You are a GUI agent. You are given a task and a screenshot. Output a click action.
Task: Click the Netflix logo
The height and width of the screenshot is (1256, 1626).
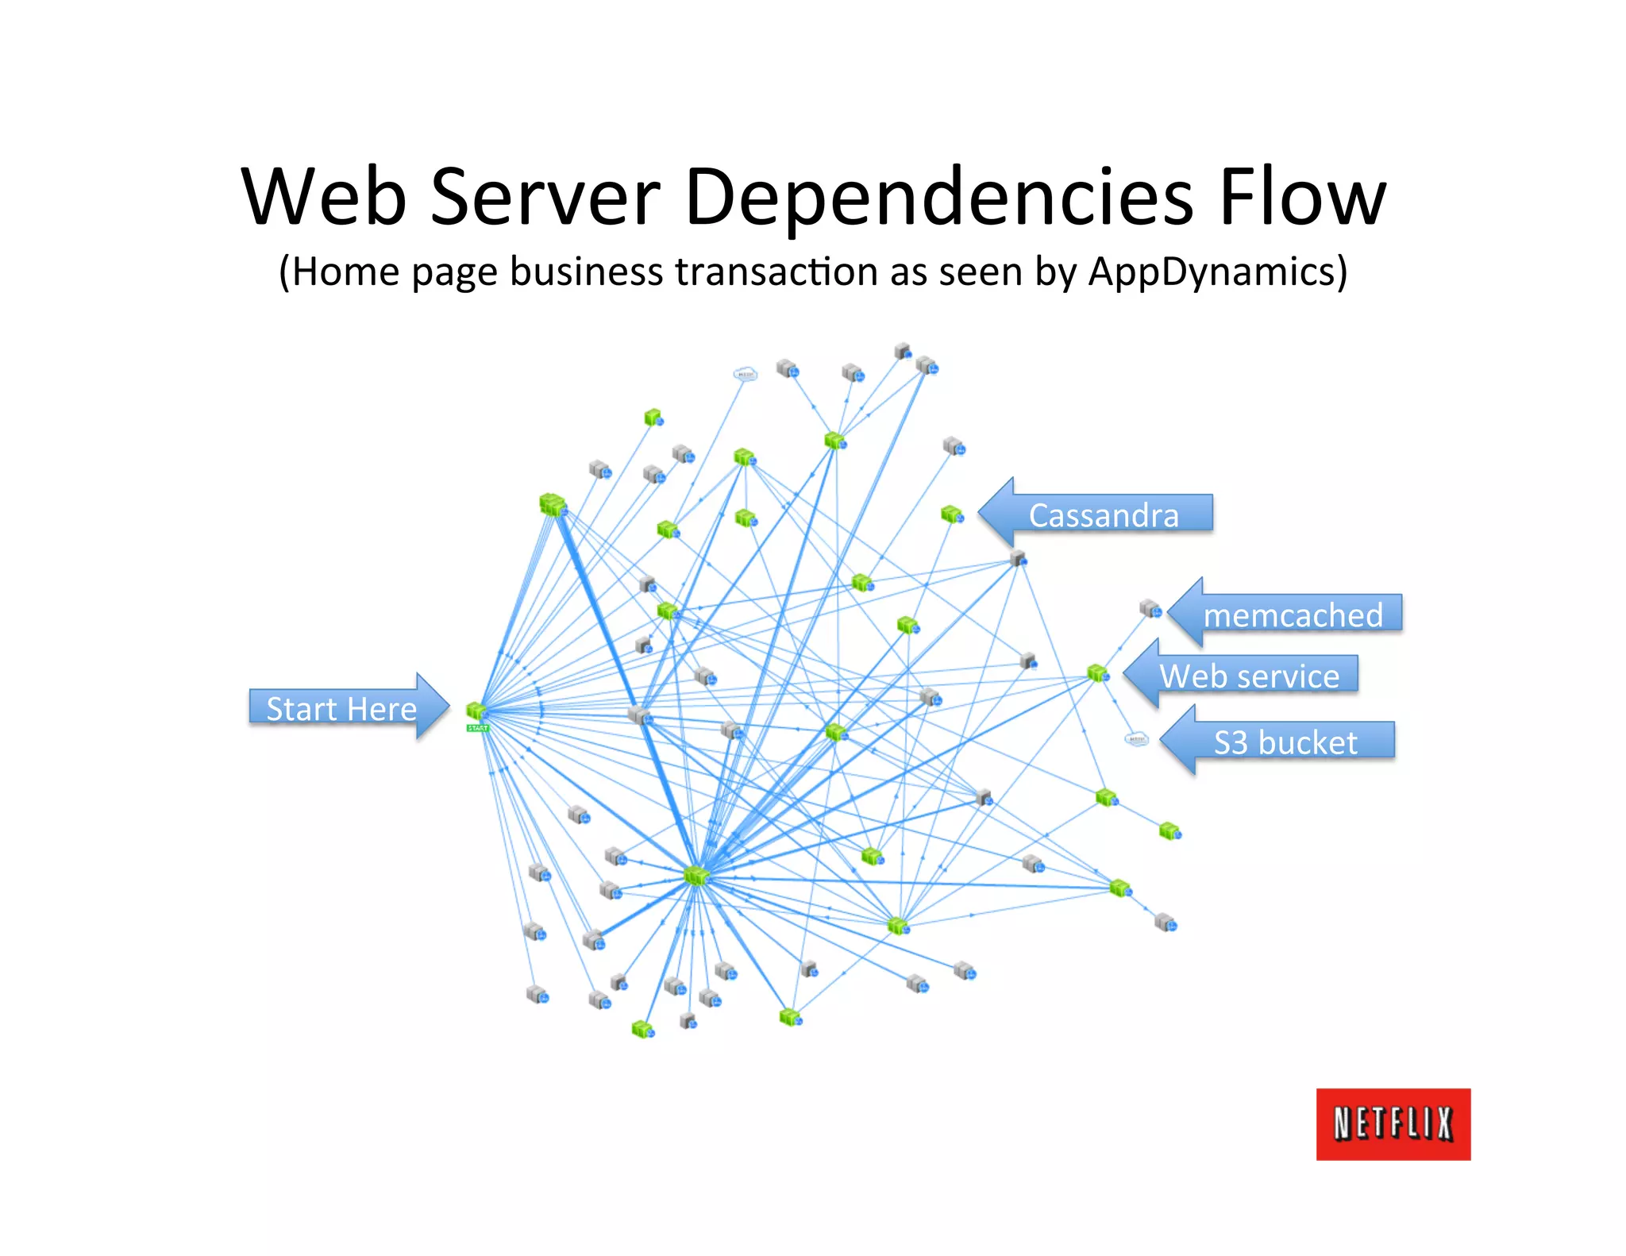click(1393, 1123)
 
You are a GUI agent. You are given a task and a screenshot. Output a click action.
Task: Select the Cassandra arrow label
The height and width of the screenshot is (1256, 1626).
click(1104, 514)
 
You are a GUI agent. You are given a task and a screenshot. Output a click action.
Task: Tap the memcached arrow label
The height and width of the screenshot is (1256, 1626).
click(1293, 615)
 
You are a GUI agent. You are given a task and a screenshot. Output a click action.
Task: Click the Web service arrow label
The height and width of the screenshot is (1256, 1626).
click(1249, 676)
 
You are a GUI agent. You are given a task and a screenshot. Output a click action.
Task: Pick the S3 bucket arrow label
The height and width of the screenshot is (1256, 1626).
click(1285, 742)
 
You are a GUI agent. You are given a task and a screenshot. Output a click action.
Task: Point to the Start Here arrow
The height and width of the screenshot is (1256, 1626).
click(348, 707)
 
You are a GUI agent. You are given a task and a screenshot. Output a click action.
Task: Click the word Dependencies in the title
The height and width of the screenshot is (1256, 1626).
click(938, 197)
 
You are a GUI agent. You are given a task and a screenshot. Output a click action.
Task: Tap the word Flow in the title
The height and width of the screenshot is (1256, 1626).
click(1302, 197)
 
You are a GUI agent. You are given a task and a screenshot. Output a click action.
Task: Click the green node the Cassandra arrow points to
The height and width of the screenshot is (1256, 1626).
click(952, 514)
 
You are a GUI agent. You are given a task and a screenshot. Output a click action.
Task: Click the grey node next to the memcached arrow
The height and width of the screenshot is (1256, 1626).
click(1150, 609)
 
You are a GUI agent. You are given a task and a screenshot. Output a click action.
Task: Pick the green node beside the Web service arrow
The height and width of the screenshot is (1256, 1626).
click(1098, 673)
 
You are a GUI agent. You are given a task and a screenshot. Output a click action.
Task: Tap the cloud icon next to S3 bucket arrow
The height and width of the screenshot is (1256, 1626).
click(1137, 739)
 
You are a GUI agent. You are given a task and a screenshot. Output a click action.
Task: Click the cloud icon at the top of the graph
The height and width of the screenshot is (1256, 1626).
click(745, 374)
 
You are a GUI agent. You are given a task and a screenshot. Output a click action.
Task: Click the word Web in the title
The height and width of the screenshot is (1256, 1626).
click(324, 197)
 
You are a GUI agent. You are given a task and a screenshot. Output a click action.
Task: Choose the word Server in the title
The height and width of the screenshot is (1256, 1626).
click(545, 197)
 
